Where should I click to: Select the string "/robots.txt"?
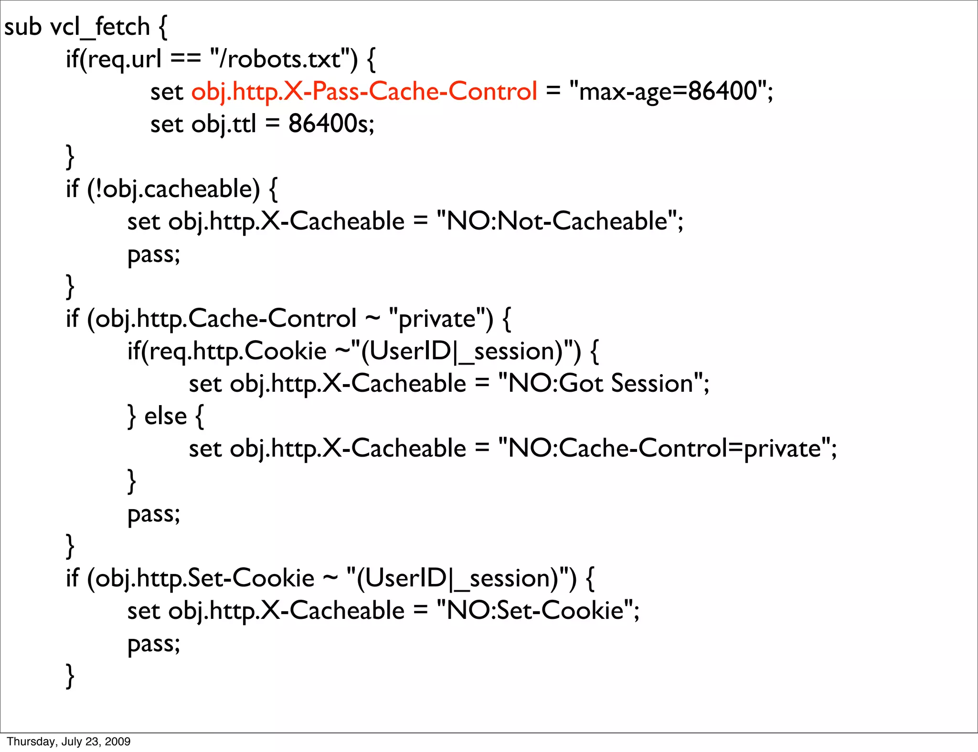284,59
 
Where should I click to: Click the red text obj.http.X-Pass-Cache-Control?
364,91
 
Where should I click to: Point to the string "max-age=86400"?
669,91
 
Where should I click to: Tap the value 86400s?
330,124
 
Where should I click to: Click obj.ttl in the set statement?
223,124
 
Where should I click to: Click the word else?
165,416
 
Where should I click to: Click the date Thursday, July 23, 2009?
69,741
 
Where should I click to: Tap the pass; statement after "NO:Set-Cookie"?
153,643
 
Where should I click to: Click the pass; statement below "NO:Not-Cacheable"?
153,254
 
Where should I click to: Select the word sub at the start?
22,27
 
